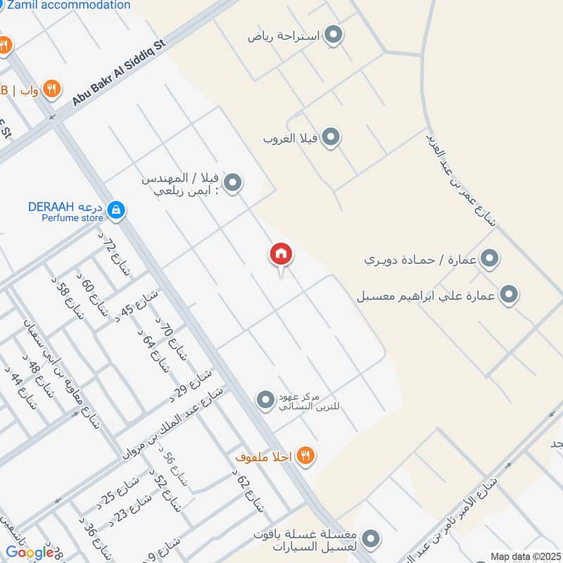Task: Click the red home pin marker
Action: click(x=281, y=255)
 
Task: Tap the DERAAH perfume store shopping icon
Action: click(x=117, y=209)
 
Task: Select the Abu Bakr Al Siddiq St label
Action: click(x=118, y=72)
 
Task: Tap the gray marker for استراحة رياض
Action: click(x=333, y=34)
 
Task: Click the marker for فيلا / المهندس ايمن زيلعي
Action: click(x=234, y=184)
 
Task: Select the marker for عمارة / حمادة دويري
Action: click(x=490, y=258)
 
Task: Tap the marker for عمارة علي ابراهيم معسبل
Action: click(x=509, y=294)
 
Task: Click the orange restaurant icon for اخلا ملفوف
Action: click(x=305, y=455)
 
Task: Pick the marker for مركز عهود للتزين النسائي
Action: click(x=265, y=400)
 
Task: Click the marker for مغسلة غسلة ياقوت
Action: click(x=372, y=540)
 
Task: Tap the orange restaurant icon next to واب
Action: click(x=51, y=89)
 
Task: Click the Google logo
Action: click(x=30, y=552)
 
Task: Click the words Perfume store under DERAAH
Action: click(x=72, y=218)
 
